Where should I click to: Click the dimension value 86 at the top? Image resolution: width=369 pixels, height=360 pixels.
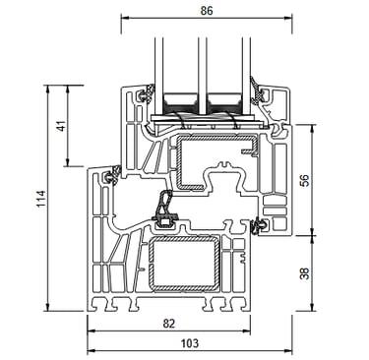coord(207,11)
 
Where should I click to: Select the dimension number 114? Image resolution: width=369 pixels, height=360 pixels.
coord(40,199)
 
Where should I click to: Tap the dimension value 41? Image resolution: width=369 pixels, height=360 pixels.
coord(61,125)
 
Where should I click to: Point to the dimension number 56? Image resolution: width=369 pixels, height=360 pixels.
coord(305,181)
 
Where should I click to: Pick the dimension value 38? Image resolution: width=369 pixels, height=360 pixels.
coord(305,273)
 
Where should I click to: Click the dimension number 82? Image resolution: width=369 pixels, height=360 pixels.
coord(169,324)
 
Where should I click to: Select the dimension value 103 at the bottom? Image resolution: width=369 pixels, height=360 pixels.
coord(190,343)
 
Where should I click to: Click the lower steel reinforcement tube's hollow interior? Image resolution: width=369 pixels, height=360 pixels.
coord(185,263)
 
